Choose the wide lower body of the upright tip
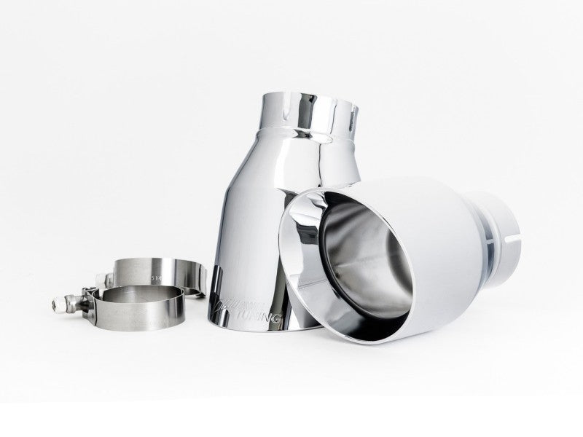tap(248, 240)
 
